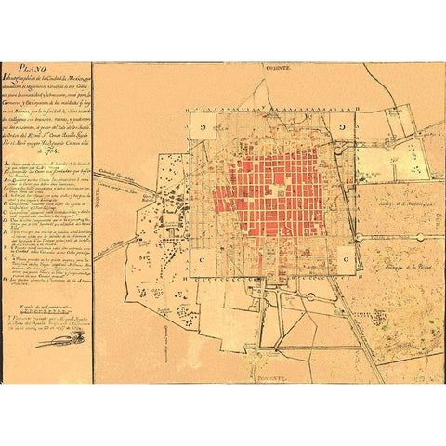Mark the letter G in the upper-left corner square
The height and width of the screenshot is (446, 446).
200,123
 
